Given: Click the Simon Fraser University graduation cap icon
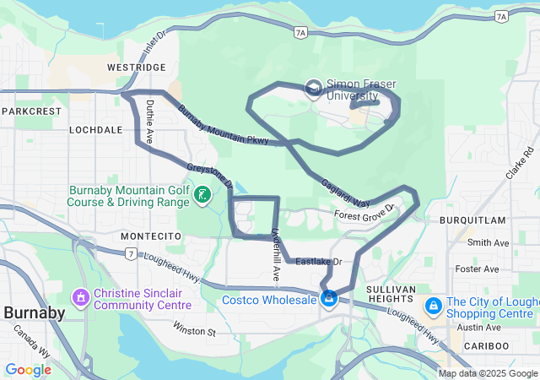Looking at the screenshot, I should [x=313, y=88].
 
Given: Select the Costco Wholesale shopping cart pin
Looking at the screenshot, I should [x=329, y=299].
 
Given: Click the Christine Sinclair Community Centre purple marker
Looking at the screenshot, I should [x=81, y=297].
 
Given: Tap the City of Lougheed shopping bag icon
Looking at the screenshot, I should [x=433, y=304].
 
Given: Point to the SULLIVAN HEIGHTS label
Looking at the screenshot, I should [x=394, y=296].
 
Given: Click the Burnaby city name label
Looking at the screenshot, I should [x=35, y=313].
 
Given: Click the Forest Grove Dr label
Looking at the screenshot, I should [x=364, y=213].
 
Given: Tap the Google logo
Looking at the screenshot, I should [x=28, y=370].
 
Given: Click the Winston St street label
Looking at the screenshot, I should [x=195, y=327].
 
